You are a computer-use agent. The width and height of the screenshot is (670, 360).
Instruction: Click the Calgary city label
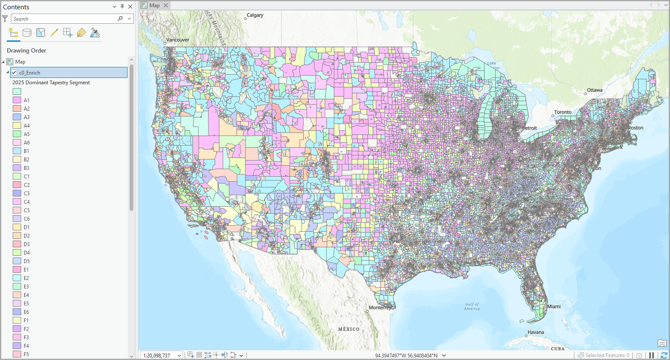pos(255,15)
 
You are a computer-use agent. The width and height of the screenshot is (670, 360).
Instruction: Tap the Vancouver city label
pos(177,40)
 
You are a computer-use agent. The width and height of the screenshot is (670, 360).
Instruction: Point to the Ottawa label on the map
pos(594,90)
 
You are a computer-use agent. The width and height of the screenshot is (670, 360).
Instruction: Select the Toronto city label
pos(562,112)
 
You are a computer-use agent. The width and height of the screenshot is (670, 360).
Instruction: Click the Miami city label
pos(554,307)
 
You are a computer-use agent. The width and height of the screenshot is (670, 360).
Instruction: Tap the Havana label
pos(535,332)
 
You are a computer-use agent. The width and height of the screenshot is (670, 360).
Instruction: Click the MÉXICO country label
pos(349,329)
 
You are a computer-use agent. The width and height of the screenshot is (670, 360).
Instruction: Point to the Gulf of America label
pos(472,306)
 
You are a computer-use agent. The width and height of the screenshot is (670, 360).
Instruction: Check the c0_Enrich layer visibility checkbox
pos(14,72)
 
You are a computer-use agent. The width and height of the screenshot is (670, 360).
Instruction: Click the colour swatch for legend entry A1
pos(17,100)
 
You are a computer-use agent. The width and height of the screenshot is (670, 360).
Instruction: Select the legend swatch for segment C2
pos(17,185)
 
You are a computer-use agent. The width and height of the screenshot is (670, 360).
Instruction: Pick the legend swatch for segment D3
pos(17,244)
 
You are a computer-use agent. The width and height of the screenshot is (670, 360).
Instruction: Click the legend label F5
pos(26,354)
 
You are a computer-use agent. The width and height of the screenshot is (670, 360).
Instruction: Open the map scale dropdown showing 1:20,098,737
pos(179,355)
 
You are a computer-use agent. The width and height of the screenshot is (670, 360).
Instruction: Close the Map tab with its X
pos(166,6)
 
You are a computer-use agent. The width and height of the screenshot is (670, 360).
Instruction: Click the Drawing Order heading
pos(26,50)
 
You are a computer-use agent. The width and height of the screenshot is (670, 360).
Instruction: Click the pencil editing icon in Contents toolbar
pos(54,33)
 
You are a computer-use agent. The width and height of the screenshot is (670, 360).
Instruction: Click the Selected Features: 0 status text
pos(607,355)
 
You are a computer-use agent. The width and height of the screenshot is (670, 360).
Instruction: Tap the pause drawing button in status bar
pos(651,355)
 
